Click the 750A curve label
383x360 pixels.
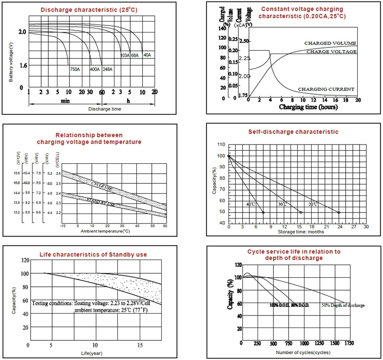point(75,69)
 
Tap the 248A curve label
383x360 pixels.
point(107,69)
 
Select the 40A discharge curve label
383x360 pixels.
point(147,55)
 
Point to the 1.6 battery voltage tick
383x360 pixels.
point(23,66)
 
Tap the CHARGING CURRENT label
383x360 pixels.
point(326,89)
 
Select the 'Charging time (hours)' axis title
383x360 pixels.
point(308,107)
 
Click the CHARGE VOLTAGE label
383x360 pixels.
point(331,51)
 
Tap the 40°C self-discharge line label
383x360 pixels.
point(250,204)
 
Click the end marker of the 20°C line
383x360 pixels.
point(339,213)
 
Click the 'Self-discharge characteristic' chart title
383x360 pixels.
point(293,132)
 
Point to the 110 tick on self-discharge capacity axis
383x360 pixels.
point(221,145)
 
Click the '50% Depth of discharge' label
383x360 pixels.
point(343,305)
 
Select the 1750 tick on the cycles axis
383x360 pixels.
point(349,343)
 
